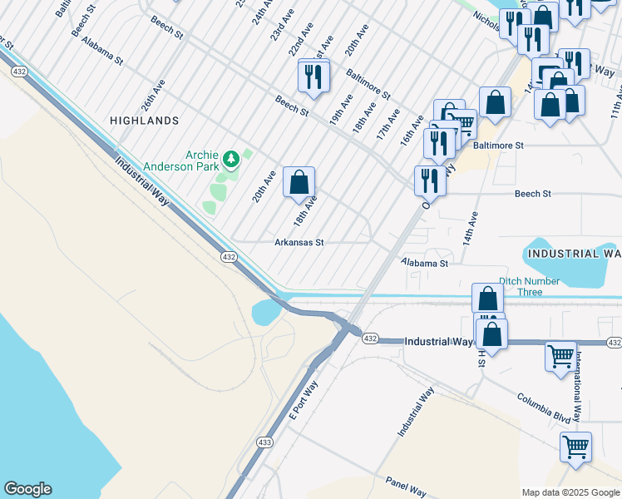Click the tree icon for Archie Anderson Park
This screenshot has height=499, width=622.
click(x=234, y=157)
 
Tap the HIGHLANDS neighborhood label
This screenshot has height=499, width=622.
click(x=144, y=121)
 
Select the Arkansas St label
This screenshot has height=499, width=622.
click(x=299, y=243)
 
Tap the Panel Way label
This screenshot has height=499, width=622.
click(x=405, y=486)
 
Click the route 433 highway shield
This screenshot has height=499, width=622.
click(x=264, y=442)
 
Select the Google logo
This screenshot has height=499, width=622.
click(x=27, y=489)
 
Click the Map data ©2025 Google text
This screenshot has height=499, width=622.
click(x=570, y=492)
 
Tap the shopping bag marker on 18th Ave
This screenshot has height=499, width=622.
click(x=299, y=182)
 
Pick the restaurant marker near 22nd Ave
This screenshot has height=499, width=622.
click(x=313, y=77)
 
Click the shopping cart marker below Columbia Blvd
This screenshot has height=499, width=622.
click(x=575, y=447)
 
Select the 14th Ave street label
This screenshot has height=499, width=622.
click(x=471, y=227)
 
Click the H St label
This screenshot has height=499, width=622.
click(x=481, y=358)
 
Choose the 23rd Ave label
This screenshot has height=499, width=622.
click(x=281, y=25)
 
